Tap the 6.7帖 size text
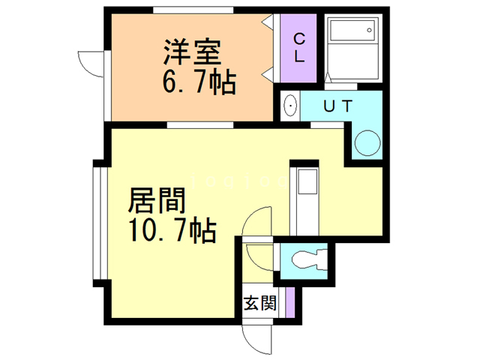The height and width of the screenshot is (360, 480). (198, 81)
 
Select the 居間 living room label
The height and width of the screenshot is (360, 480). (156, 201)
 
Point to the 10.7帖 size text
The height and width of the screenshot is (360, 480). (173, 229)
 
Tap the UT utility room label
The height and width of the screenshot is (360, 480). (337, 106)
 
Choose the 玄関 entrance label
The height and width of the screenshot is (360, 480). (259, 304)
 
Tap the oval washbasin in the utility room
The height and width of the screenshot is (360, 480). (291, 107)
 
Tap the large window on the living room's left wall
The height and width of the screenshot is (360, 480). (95, 222)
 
